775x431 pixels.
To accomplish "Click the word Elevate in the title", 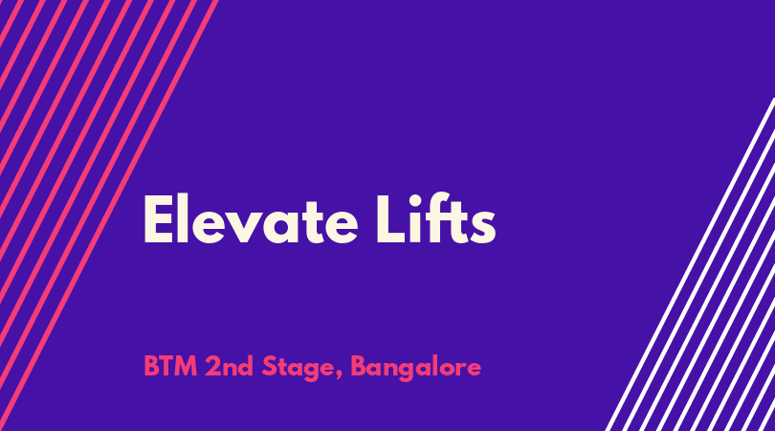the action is point(251,219).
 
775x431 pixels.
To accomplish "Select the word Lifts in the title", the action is point(435,218).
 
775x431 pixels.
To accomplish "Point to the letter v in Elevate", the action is point(241,227).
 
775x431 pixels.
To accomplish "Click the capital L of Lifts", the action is point(391,219).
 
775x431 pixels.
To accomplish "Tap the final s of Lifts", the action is point(483,227).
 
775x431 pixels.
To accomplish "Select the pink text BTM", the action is point(170,367).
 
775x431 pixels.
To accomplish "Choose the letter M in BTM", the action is point(186,367).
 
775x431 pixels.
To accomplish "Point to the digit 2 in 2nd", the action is point(212,367).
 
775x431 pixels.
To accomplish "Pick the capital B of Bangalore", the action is point(359,367).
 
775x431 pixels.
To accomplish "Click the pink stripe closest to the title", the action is point(109,215).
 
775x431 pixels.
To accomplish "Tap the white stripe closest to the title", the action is point(689,264).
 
